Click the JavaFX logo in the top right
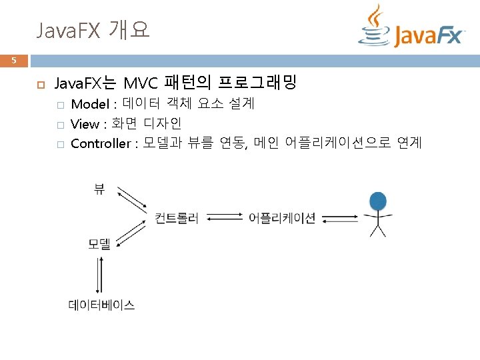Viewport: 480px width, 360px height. coord(411,28)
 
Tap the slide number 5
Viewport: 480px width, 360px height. coord(13,61)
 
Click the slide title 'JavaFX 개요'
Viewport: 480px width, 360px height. coord(93,30)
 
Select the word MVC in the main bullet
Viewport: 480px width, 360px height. coord(140,83)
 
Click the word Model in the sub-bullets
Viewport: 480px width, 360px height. coord(90,104)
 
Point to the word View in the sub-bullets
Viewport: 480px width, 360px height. coord(84,124)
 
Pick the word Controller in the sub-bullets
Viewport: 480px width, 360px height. coord(100,143)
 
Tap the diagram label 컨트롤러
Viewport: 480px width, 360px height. coord(177,218)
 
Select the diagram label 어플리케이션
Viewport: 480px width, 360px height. coord(282,218)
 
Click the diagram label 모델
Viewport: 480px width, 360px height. coord(99,244)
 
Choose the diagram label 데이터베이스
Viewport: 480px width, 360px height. coord(101,305)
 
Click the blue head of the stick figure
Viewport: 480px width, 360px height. coord(378,200)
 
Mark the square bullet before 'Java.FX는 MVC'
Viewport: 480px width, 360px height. coord(40,85)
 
